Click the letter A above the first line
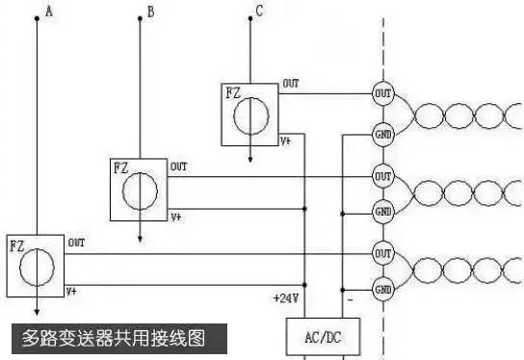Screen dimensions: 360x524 49,13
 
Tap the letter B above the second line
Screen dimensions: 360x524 149,13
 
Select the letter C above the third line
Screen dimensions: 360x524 258,13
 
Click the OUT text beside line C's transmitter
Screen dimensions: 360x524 290,84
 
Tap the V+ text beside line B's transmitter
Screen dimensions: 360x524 176,218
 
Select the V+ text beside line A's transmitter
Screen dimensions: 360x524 72,290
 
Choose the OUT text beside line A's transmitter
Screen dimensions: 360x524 75,243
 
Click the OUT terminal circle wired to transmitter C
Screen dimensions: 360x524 382,93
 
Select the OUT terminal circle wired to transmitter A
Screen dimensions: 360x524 382,252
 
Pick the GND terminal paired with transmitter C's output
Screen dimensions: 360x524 382,134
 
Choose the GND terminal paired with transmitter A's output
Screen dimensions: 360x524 382,288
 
